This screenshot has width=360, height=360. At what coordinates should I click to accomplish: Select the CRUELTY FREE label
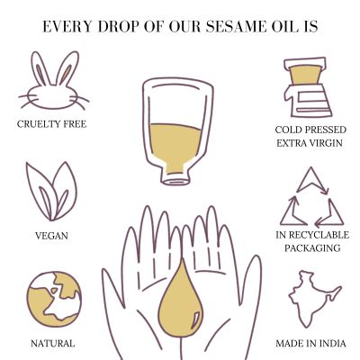[52, 123]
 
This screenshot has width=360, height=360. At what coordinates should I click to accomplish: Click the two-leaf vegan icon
[53, 189]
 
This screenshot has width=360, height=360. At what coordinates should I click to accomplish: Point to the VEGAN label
[53, 235]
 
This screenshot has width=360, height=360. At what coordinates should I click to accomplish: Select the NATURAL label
[52, 343]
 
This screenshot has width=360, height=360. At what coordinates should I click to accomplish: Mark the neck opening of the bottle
[179, 178]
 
